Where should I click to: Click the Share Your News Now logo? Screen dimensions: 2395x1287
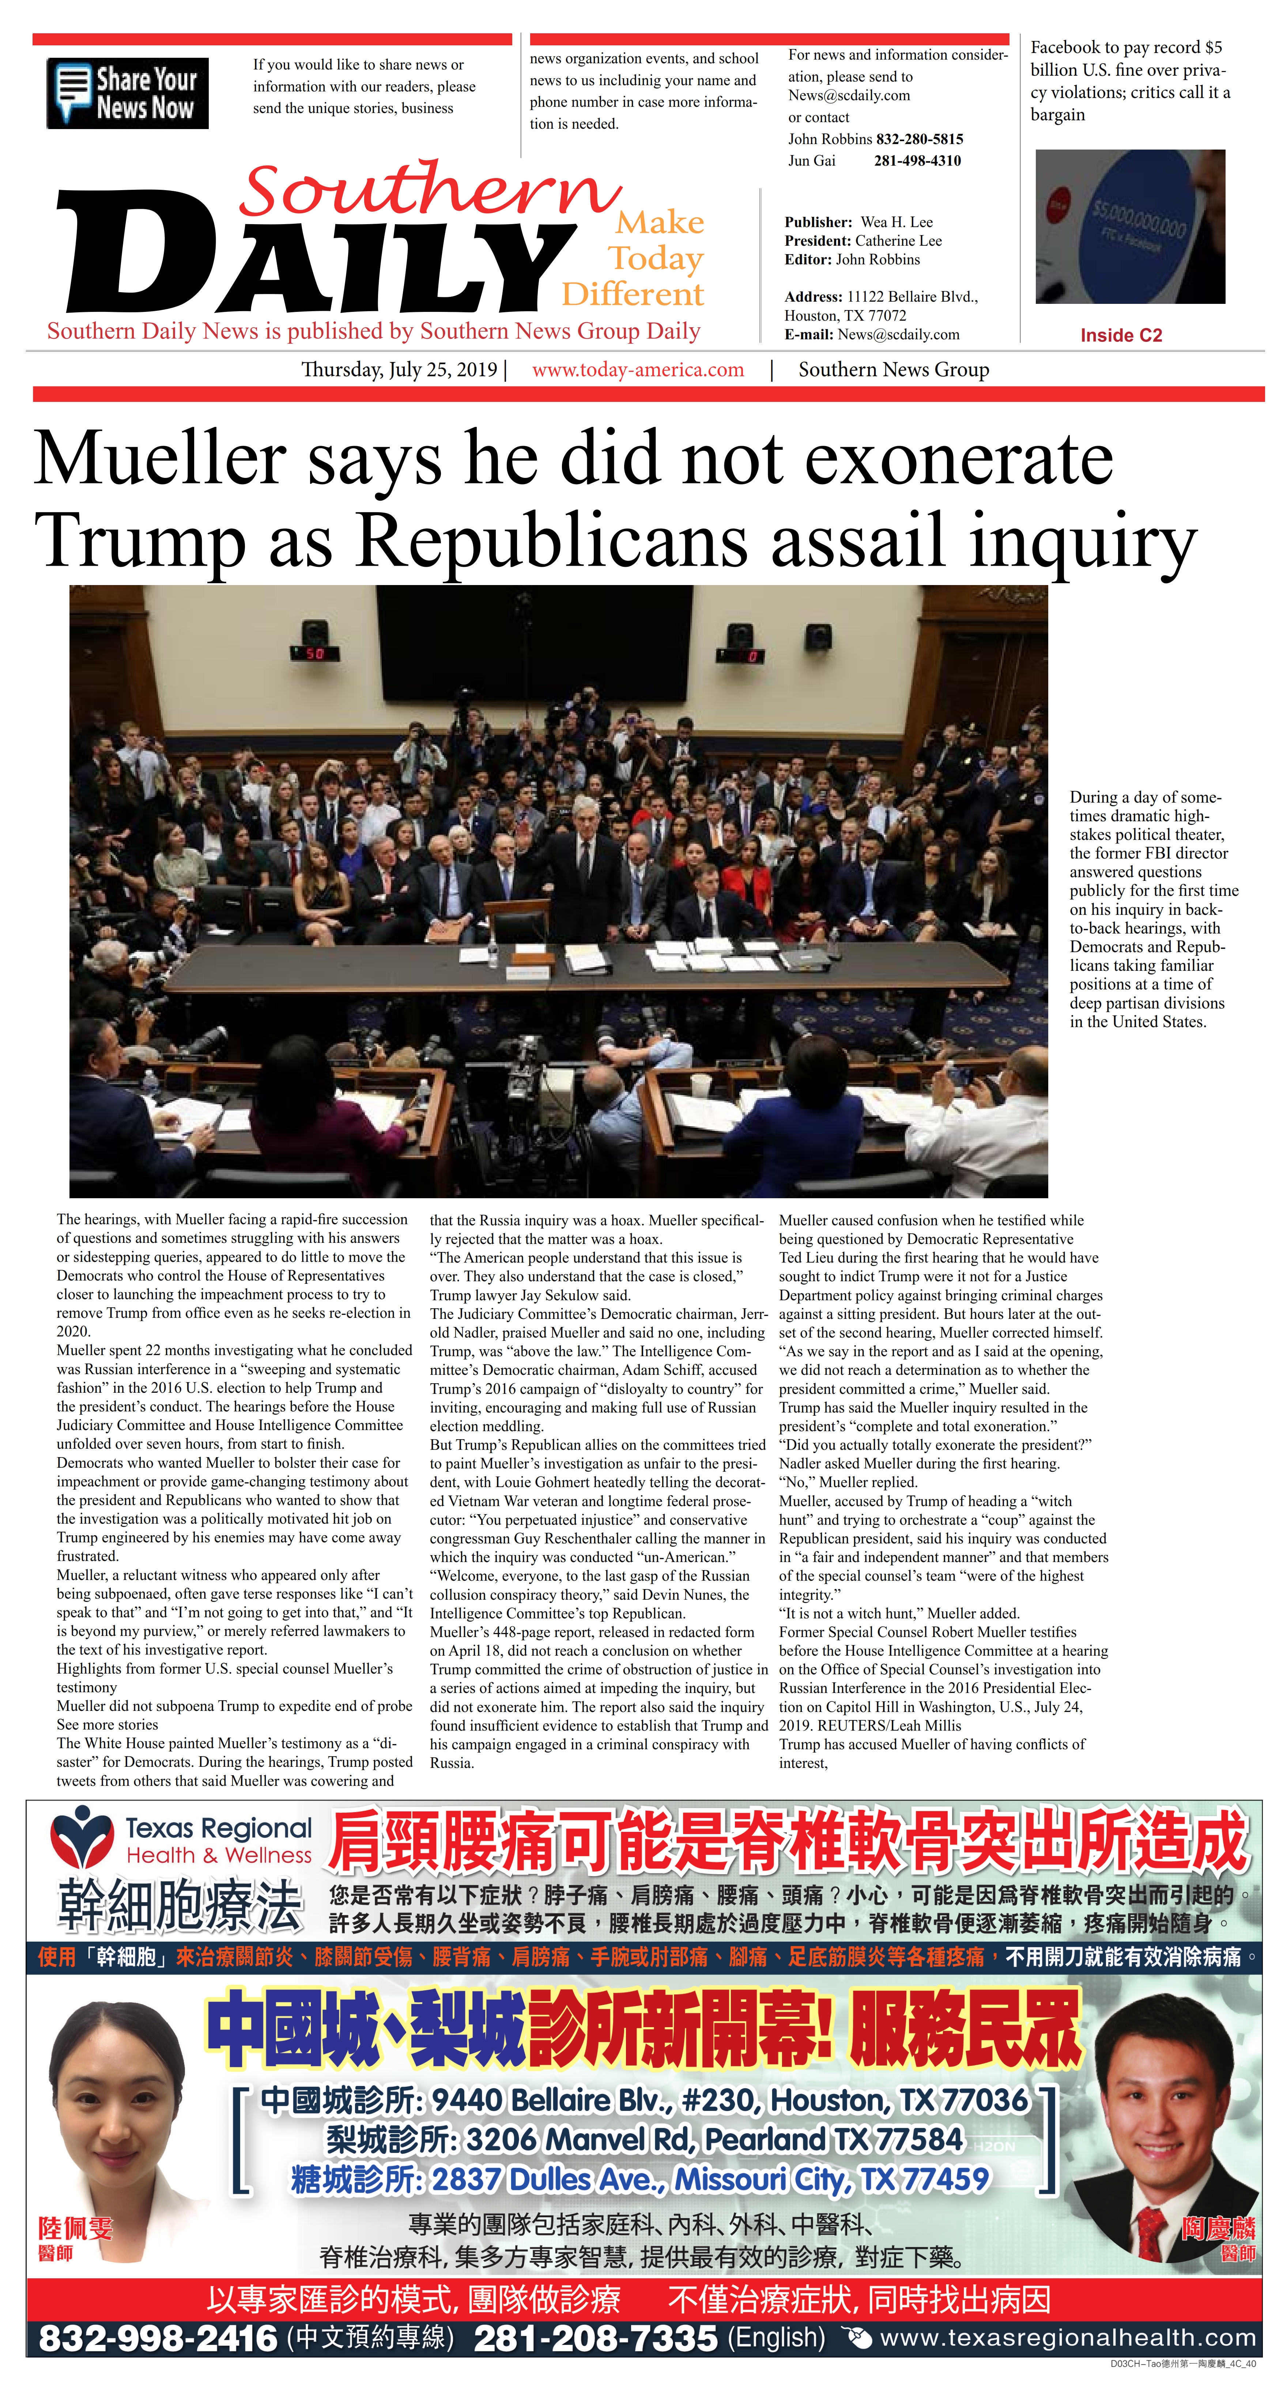click(x=127, y=93)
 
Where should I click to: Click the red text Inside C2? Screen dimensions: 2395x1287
click(x=1121, y=336)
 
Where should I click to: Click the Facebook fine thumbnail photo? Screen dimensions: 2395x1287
click(x=1130, y=227)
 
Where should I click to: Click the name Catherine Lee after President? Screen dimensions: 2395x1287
click(x=898, y=241)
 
